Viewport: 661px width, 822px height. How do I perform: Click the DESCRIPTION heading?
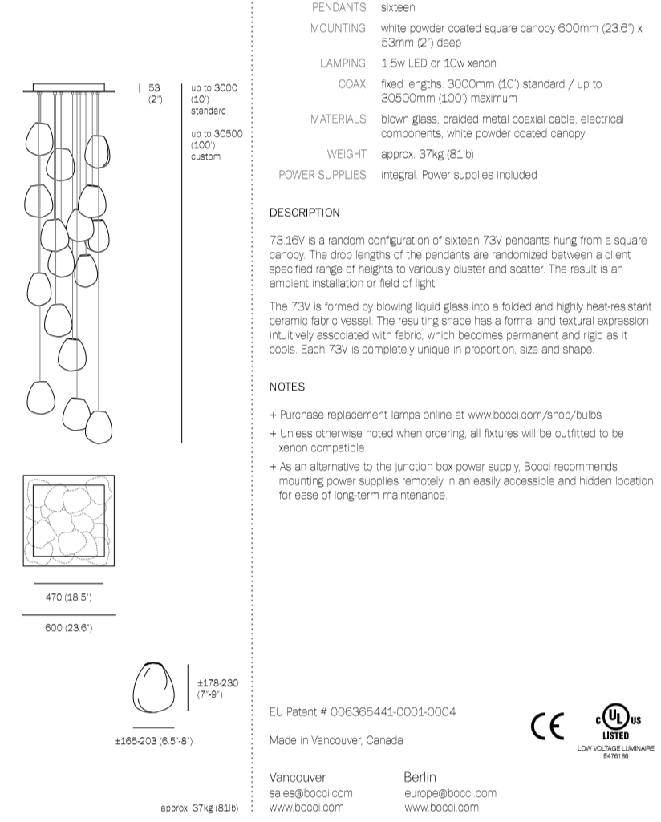pos(304,213)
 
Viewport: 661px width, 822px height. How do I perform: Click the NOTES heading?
pos(287,387)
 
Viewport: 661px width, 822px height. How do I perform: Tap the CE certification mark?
pos(547,725)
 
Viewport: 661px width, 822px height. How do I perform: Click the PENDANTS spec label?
pos(339,7)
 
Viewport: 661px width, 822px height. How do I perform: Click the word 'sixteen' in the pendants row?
pos(398,7)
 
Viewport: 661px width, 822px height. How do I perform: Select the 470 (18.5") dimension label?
pos(68,597)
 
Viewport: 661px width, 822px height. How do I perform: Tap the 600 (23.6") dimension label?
pos(68,628)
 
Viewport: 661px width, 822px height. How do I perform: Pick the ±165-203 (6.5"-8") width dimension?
pos(153,740)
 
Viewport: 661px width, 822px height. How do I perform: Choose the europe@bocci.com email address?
pos(450,793)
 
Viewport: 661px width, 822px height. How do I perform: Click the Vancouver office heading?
pos(298,777)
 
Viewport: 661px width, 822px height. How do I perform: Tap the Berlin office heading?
pos(420,777)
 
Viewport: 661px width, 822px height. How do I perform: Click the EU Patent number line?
pos(363,712)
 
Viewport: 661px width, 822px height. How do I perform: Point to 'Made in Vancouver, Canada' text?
pos(336,740)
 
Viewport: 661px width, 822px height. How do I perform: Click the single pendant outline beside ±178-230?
pos(153,687)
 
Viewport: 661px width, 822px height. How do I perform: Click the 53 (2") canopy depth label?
pos(155,93)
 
